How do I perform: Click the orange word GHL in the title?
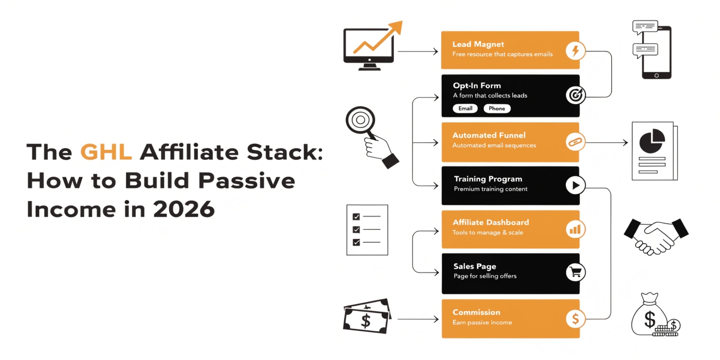[106, 153]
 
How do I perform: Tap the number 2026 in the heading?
[184, 209]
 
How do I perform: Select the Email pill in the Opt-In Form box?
[465, 108]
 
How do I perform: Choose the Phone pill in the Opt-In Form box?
[497, 108]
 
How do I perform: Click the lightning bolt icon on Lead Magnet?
[575, 50]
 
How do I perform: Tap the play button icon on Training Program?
[575, 186]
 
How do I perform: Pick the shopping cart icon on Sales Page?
[575, 272]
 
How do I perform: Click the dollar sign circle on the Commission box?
[575, 319]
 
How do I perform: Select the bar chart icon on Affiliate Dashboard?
[575, 229]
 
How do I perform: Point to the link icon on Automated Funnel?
[575, 142]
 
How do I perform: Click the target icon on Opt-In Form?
[575, 95]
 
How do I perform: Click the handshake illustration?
[656, 235]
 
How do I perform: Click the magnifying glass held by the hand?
[360, 120]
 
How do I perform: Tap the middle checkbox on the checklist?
[356, 230]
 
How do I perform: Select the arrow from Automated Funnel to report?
[607, 142]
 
